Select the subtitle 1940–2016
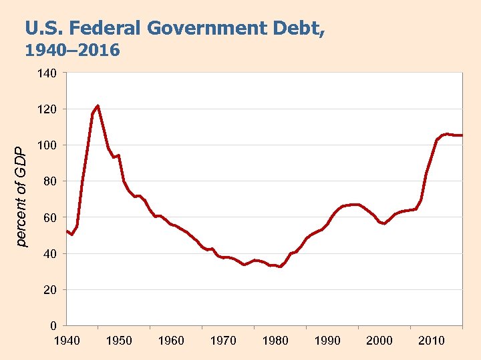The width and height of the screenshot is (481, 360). [72, 51]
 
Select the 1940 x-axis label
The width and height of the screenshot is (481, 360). [67, 341]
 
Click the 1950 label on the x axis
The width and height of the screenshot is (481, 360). [119, 341]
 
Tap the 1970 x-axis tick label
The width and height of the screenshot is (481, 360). [223, 341]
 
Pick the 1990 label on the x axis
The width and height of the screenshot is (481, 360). [327, 341]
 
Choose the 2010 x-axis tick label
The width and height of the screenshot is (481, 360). [431, 341]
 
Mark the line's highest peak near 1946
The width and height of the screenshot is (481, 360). [98, 106]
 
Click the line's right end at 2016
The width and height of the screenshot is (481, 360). [462, 135]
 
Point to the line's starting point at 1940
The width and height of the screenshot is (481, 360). [67, 231]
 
